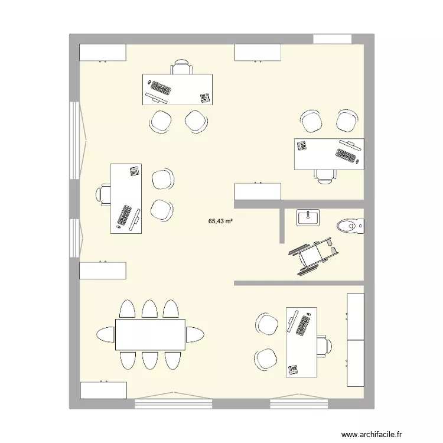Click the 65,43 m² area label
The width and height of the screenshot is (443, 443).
point(220,221)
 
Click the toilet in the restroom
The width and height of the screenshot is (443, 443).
point(351,225)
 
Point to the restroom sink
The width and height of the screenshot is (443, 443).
point(307,217)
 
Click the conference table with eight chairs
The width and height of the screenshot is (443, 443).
point(150,334)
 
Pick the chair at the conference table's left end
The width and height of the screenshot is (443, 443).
point(106,334)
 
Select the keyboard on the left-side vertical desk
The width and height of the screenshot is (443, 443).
point(125,215)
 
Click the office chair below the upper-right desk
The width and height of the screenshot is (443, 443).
point(324,175)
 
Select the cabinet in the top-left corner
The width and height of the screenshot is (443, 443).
point(103,53)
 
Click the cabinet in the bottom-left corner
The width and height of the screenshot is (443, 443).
point(103,390)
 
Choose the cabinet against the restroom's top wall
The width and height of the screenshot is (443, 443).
point(258,192)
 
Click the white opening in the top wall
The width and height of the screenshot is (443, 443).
point(332,39)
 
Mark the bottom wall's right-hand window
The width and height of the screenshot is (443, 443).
point(299,403)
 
